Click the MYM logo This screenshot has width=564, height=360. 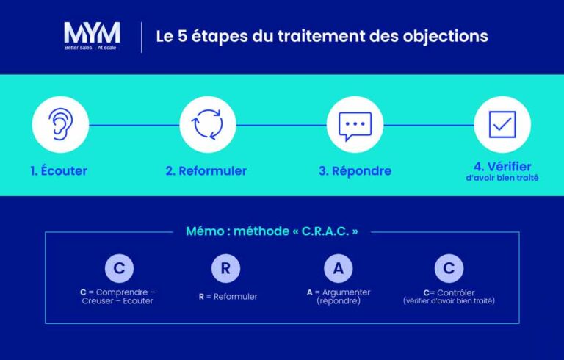pyautogui.click(x=91, y=32)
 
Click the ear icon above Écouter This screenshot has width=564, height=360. pyautogui.click(x=60, y=124)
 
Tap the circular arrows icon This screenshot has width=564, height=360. pyautogui.click(x=208, y=124)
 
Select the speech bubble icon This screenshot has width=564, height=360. pyautogui.click(x=355, y=125)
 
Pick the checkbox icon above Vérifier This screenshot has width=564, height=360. pyautogui.click(x=502, y=124)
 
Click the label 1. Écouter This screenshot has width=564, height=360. pyautogui.click(x=59, y=171)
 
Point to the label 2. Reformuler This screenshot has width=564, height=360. pyautogui.click(x=206, y=171)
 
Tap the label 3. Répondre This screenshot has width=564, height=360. pyautogui.click(x=355, y=171)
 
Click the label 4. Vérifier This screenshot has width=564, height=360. pyautogui.click(x=503, y=167)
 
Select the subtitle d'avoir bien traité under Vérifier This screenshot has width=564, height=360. pyautogui.click(x=503, y=179)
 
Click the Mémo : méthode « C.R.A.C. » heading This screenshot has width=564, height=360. pyautogui.click(x=272, y=231)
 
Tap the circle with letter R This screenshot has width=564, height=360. pyautogui.click(x=225, y=268)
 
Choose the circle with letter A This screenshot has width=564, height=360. pyautogui.click(x=338, y=268)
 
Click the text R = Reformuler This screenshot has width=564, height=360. pyautogui.click(x=228, y=297)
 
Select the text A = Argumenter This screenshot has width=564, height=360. pyautogui.click(x=339, y=292)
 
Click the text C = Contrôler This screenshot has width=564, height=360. pyautogui.click(x=449, y=292)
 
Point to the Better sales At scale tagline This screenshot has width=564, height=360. pyautogui.click(x=90, y=48)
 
